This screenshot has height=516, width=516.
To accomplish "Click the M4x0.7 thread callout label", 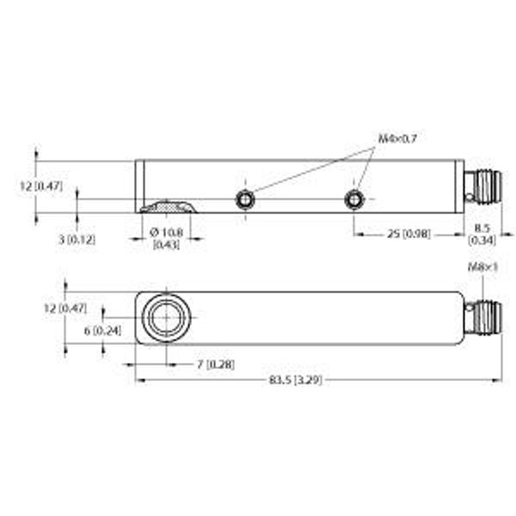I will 396,138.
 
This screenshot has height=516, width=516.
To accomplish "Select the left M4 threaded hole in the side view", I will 245,200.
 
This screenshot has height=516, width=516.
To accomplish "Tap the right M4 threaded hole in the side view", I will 353,200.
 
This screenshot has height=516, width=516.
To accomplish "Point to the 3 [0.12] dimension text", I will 77,239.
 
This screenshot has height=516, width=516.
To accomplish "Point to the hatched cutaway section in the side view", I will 168,207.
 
